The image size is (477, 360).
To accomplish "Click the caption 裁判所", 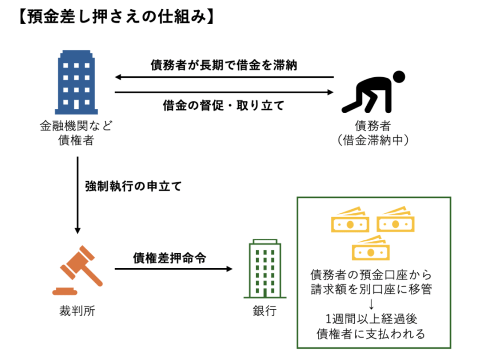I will click(77, 311).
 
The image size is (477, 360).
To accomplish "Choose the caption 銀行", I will click(264, 311).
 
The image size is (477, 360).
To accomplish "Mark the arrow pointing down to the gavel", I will click(77, 196).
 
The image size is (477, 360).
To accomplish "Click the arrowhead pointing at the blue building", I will click(119, 77).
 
